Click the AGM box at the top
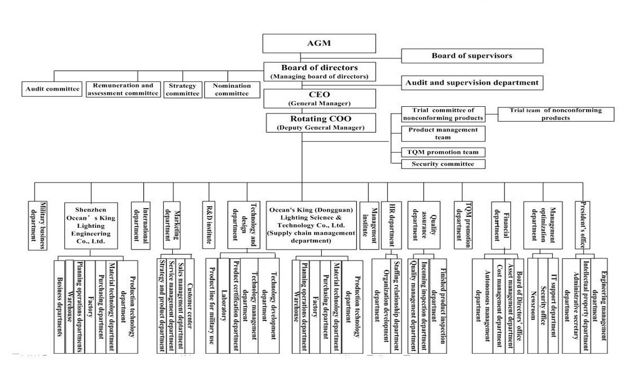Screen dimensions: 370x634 coord(319,43)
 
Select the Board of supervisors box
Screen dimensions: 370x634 coord(472,55)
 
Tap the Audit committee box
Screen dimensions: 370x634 coord(52,89)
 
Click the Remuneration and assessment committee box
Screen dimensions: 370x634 coord(123,89)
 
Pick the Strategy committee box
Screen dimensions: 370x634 coord(183,89)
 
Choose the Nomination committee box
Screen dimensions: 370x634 coord(232,89)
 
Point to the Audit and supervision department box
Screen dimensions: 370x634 coord(472,82)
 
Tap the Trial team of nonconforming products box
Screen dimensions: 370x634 coord(556,114)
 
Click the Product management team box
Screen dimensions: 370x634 coord(443,133)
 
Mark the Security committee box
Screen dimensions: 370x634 coord(443,164)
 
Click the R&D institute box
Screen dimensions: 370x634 coord(209,225)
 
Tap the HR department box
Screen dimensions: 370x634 coord(391,225)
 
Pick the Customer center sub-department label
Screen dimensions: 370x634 coord(190,304)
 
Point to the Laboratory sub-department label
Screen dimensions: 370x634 coord(224,304)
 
